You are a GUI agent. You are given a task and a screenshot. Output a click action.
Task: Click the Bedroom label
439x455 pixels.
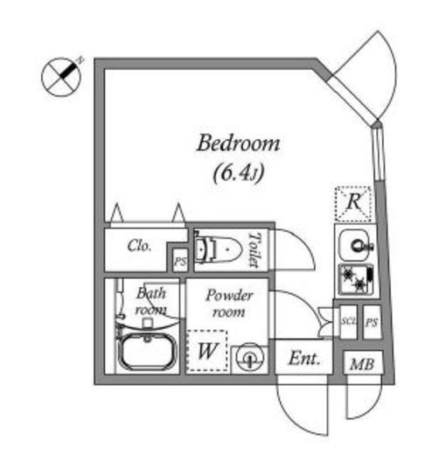click(238, 143)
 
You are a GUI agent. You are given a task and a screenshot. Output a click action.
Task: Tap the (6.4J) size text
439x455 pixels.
click(239, 173)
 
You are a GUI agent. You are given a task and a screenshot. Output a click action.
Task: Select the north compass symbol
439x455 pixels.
click(62, 76)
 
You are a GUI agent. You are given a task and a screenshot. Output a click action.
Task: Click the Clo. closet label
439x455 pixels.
click(139, 246)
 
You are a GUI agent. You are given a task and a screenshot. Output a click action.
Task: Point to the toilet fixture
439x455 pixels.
click(218, 249)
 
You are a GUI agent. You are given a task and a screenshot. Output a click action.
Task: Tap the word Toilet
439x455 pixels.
click(254, 249)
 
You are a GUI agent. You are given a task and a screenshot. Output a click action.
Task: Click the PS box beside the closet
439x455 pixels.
click(180, 261)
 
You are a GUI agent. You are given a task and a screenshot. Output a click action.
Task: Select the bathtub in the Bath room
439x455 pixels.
click(147, 352)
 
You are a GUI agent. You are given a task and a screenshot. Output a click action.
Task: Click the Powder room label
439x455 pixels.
click(229, 304)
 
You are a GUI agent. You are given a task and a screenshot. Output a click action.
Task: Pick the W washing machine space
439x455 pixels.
click(207, 351)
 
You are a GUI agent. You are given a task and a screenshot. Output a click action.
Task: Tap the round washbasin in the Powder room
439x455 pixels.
click(250, 358)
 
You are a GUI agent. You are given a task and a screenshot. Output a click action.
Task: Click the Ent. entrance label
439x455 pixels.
click(304, 359)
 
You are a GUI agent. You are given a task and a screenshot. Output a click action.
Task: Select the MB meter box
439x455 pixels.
click(362, 363)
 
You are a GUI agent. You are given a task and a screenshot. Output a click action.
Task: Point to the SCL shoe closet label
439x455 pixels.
click(349, 321)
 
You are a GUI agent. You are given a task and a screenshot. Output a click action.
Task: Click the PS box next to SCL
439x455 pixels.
click(372, 322)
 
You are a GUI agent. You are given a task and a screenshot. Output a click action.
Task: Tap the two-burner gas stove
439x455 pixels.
click(356, 279)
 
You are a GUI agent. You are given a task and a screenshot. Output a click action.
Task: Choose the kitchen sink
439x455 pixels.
click(356, 244)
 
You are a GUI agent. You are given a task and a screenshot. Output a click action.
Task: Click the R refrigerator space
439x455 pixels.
click(353, 204)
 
